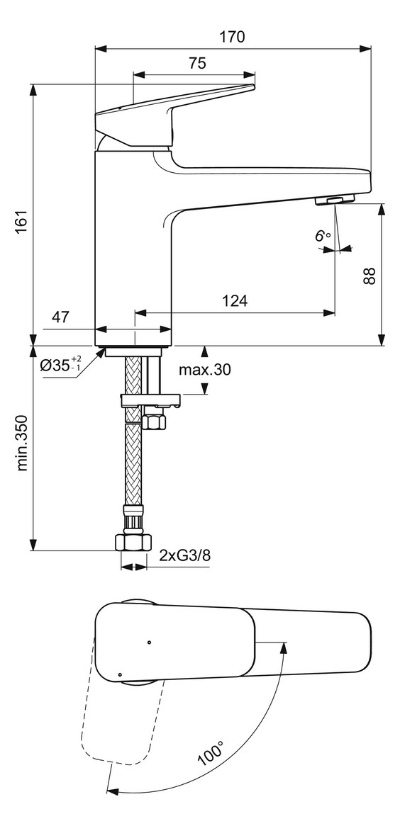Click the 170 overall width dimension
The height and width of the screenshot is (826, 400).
click(x=233, y=37)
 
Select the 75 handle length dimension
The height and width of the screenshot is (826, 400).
click(x=197, y=63)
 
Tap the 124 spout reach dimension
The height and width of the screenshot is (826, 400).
click(x=234, y=301)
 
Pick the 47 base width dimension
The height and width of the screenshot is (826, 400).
click(x=61, y=317)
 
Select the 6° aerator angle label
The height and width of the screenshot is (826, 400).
click(x=323, y=236)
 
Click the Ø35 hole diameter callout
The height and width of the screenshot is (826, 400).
click(x=61, y=364)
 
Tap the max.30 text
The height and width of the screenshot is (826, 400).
click(x=205, y=370)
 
